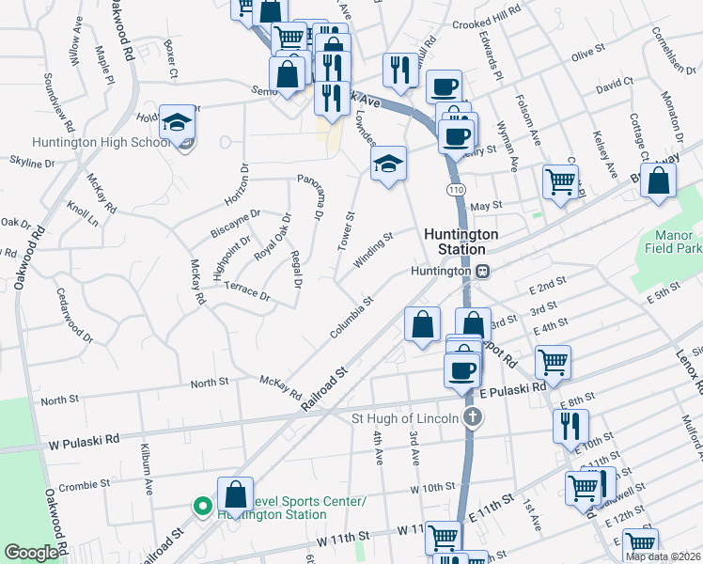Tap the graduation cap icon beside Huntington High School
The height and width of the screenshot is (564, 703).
click(x=177, y=123)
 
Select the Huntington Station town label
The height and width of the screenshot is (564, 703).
click(x=454, y=242)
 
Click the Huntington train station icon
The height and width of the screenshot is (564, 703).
click(x=482, y=271)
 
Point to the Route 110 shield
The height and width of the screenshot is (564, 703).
click(x=456, y=190)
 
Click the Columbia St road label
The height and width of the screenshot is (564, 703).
click(x=352, y=318)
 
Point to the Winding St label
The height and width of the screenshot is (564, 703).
click(x=372, y=251)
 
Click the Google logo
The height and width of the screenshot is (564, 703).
click(x=30, y=553)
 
